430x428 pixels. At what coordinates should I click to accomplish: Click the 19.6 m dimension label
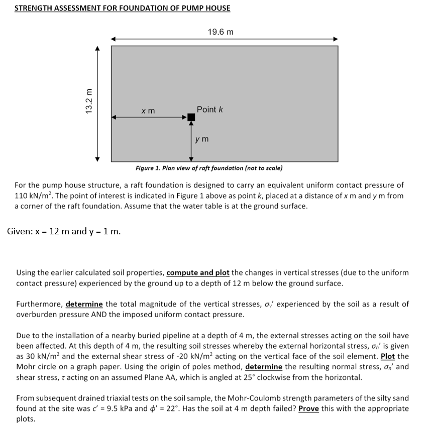[221, 32]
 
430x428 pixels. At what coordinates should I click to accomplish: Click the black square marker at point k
[191, 117]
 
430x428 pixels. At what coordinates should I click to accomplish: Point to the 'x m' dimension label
[148, 110]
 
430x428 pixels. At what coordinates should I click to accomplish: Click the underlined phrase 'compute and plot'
[198, 273]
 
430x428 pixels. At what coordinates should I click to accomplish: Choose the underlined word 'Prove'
[309, 408]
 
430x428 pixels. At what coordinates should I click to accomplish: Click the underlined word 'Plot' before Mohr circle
[388, 356]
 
